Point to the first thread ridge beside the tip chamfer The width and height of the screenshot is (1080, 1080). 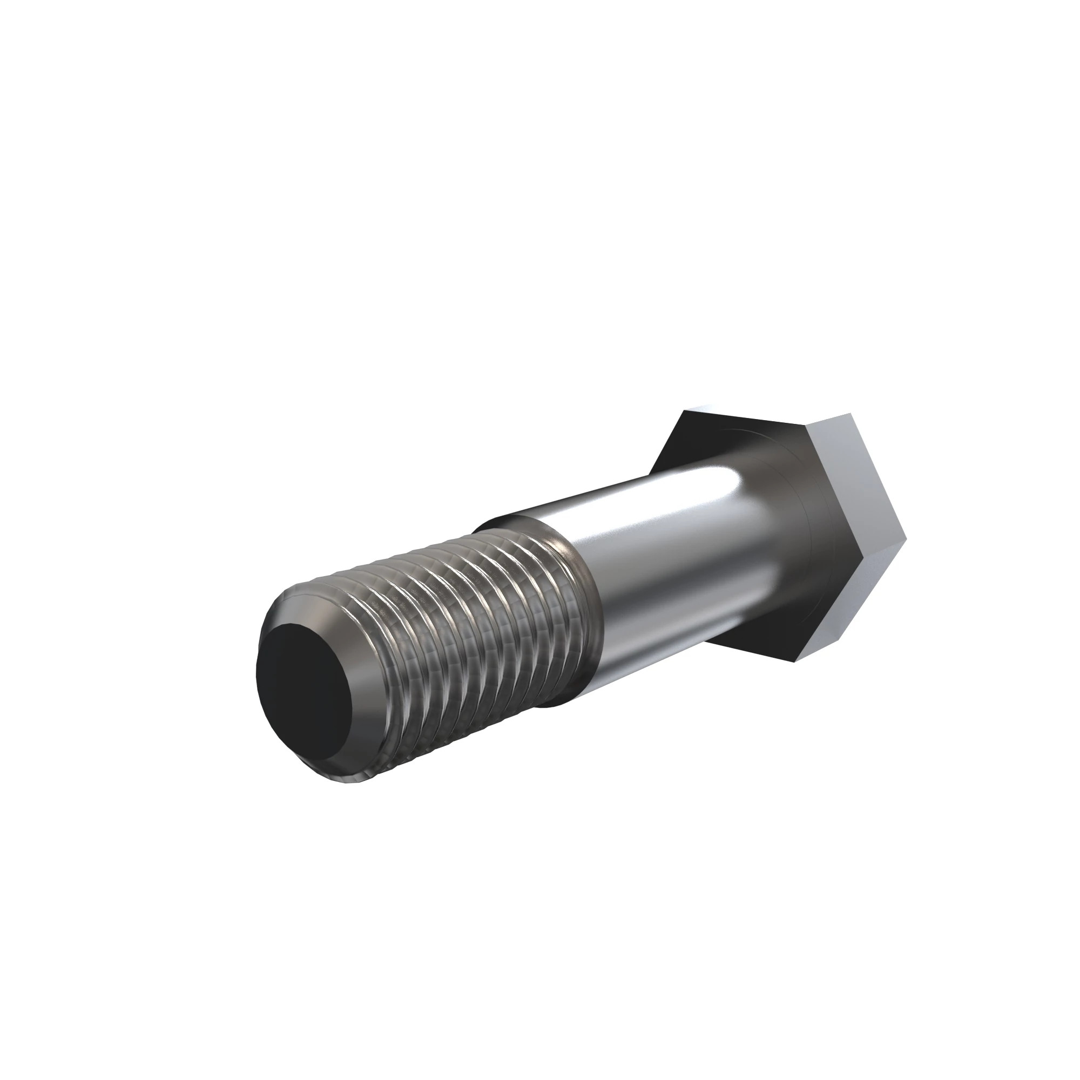[x=358, y=609]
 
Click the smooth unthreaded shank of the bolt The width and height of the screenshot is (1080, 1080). [x=671, y=559]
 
